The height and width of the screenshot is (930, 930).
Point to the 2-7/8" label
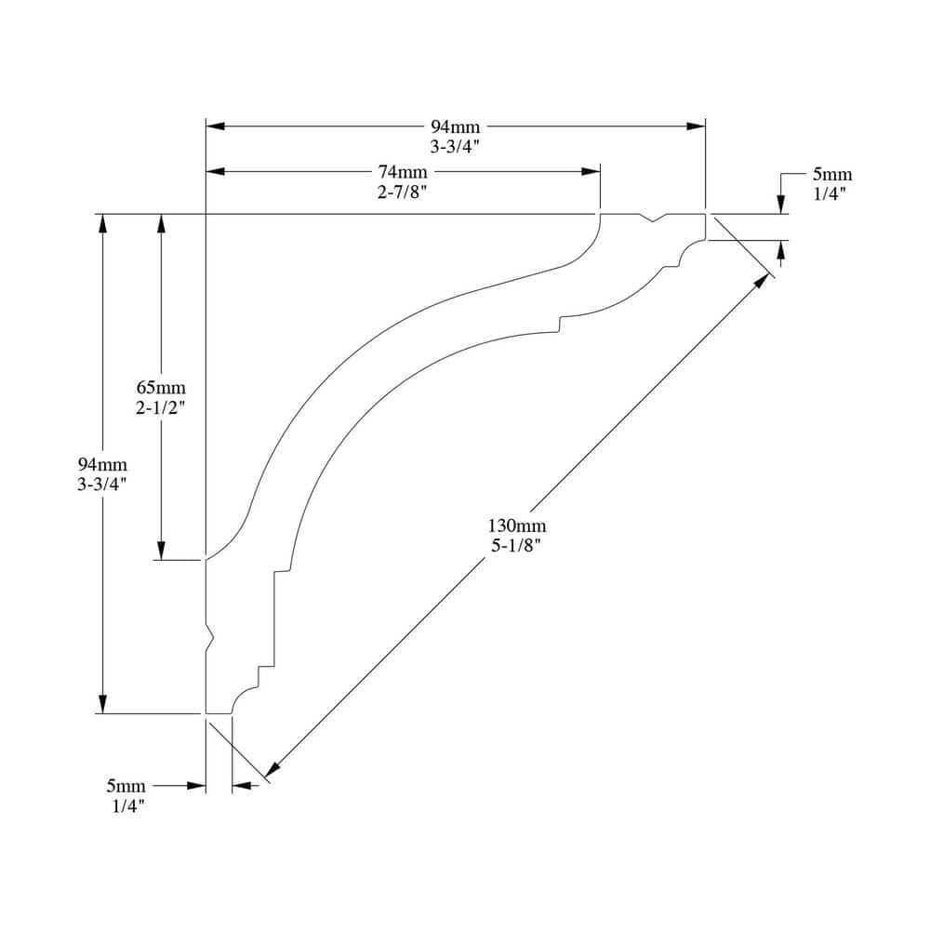click(x=403, y=193)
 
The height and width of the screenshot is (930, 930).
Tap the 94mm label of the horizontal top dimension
click(x=456, y=126)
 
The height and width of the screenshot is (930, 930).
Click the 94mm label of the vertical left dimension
click(x=102, y=464)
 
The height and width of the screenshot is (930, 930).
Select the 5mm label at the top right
click(x=831, y=174)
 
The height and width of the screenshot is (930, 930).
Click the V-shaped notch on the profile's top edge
click(x=655, y=219)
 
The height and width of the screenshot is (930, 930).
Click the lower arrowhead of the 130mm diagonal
click(x=272, y=769)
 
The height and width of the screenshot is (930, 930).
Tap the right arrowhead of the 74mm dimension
click(x=591, y=171)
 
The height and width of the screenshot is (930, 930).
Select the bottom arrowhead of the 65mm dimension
click(x=161, y=551)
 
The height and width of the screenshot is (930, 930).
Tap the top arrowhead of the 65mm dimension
click(x=161, y=224)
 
